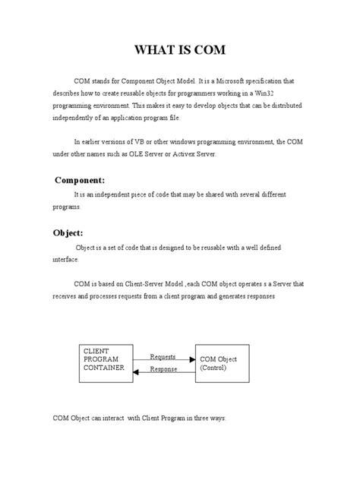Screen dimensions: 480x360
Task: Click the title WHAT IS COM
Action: tap(180, 51)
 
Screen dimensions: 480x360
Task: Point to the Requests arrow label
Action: tap(163, 356)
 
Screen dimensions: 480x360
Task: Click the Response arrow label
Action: tap(163, 369)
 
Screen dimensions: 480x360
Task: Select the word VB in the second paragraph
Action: tap(159, 141)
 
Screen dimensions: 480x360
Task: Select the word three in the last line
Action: tap(197, 418)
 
